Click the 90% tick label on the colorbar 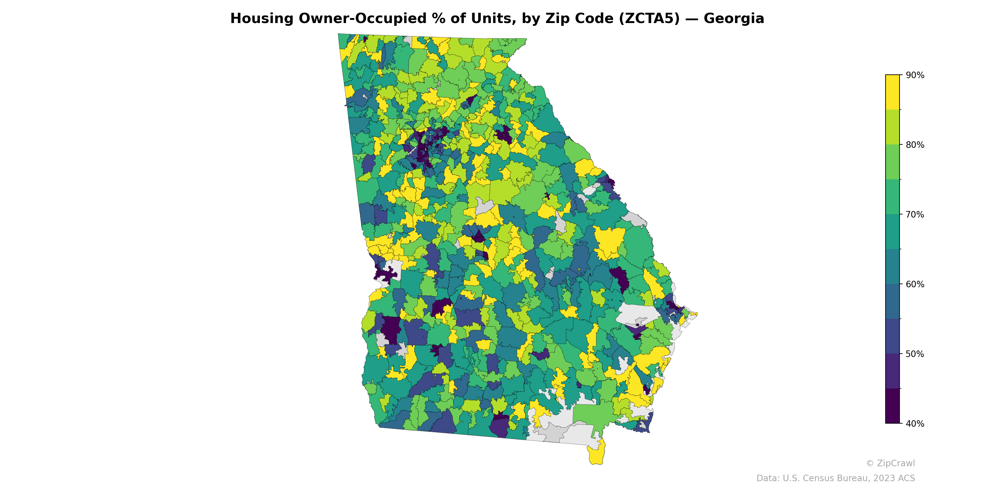tap(915, 75)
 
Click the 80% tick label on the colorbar tap(915, 145)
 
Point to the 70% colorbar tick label tap(915, 214)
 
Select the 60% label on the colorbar tap(915, 284)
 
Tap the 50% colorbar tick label tap(915, 354)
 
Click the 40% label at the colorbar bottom tap(915, 424)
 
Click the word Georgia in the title tap(734, 19)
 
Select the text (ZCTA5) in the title tap(649, 19)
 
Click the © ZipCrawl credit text tap(890, 463)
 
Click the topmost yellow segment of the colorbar tap(892, 92)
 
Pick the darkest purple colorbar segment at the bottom tap(892, 406)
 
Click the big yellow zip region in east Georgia tap(609, 242)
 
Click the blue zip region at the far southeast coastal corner tap(645, 425)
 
